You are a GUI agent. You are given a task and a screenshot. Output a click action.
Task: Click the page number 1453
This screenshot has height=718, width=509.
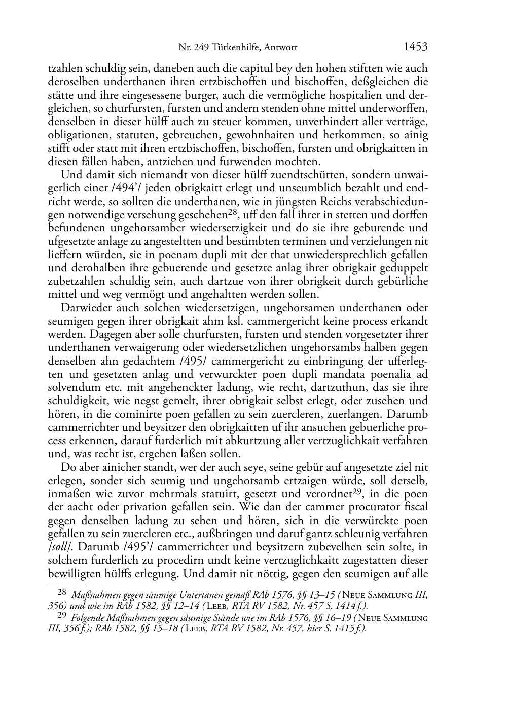[415, 47]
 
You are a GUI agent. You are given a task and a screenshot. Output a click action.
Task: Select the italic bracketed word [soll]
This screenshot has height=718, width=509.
[59, 547]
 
